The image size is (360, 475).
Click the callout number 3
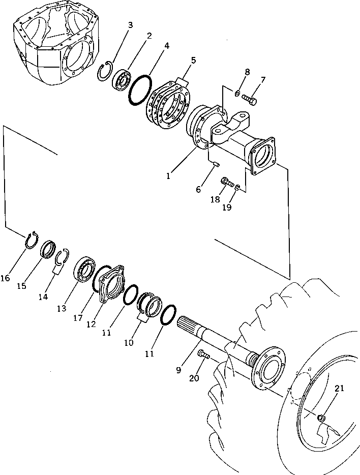tap(131, 25)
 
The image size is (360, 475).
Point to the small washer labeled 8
tap(237, 93)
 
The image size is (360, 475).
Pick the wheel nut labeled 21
tap(321, 418)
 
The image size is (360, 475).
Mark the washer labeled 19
tap(237, 189)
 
